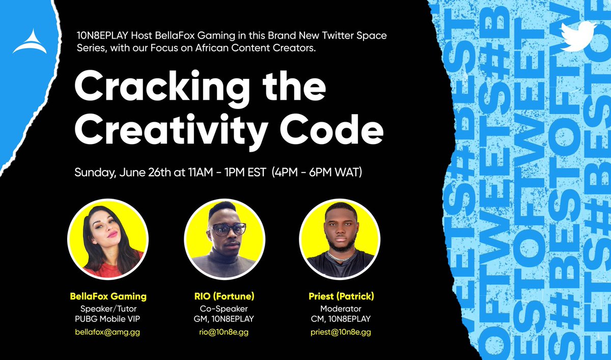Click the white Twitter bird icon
tap(578, 36)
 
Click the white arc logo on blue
tap(30, 42)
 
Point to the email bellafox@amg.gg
tap(107, 332)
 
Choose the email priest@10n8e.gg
tap(341, 332)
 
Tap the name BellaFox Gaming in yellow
tap(107, 296)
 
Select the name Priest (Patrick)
tap(341, 296)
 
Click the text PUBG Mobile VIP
tap(107, 319)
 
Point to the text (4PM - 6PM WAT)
tap(318, 173)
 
